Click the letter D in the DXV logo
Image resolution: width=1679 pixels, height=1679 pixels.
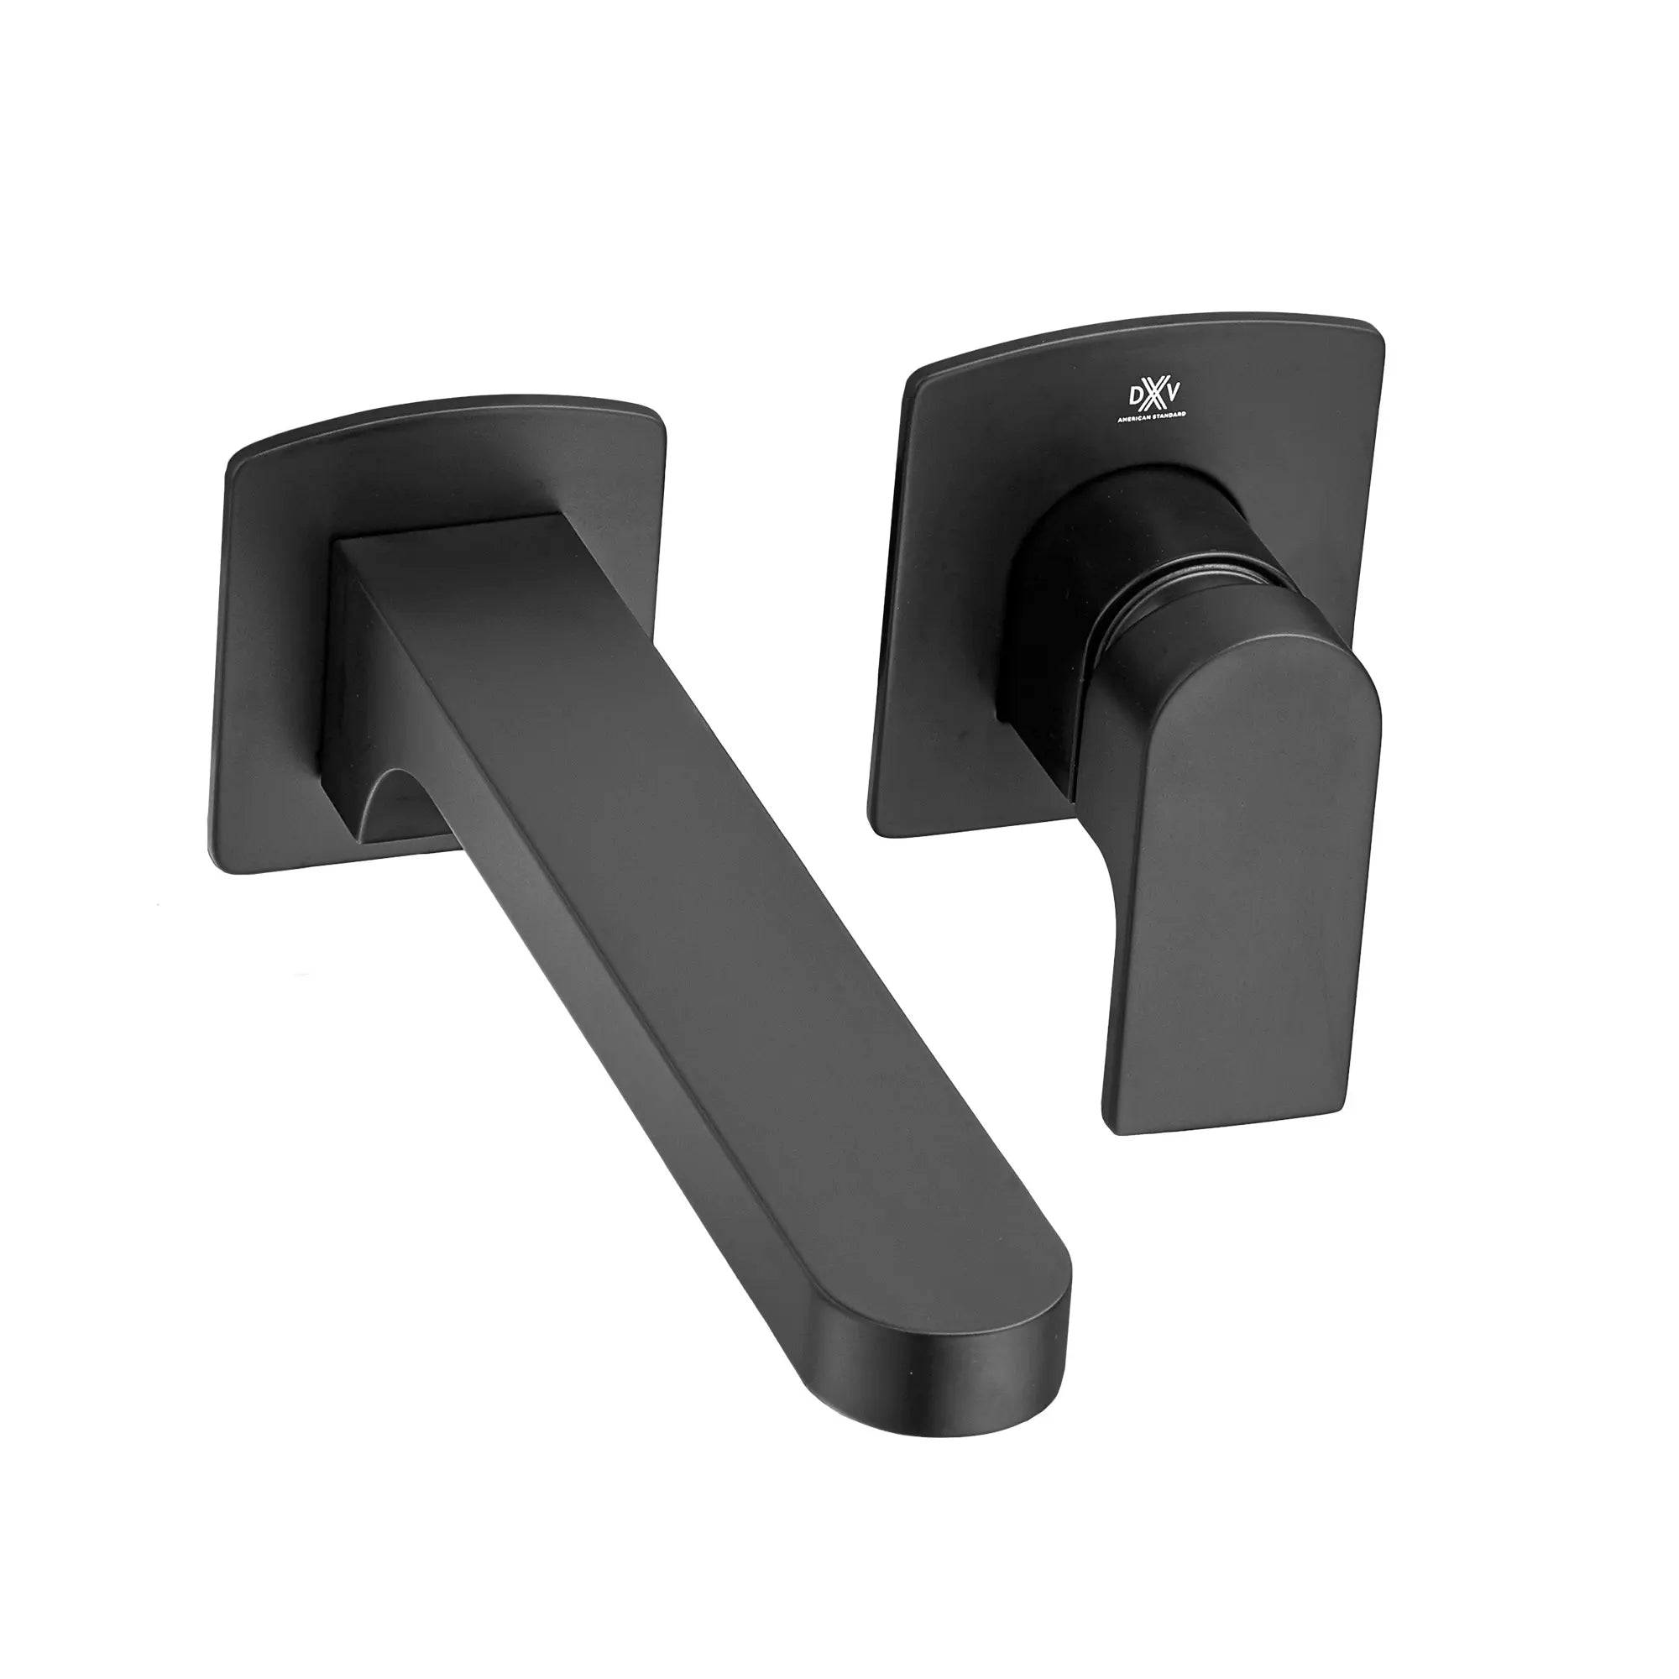click(x=1136, y=397)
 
